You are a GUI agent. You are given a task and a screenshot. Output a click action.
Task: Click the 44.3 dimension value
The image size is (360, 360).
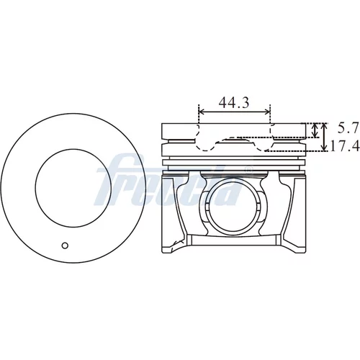coord(234,102)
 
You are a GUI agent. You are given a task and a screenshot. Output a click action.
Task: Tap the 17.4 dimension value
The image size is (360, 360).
coord(345,145)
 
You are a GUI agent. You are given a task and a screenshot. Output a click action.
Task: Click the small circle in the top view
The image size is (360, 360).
coord(65,246)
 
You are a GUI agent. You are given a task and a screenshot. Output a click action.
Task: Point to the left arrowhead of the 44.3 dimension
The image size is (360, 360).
coord(201,112)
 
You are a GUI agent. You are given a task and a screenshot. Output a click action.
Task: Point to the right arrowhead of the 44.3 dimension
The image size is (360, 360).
coord(267,112)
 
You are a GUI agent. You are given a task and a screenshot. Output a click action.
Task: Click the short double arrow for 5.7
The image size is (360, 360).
coord(315,130)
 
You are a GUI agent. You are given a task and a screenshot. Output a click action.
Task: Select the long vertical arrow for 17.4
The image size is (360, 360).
coord(324,137)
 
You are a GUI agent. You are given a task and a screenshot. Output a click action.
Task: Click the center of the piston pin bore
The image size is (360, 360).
coord(232,208)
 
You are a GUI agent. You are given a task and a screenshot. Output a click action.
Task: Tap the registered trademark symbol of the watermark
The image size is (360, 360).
coord(248,170)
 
